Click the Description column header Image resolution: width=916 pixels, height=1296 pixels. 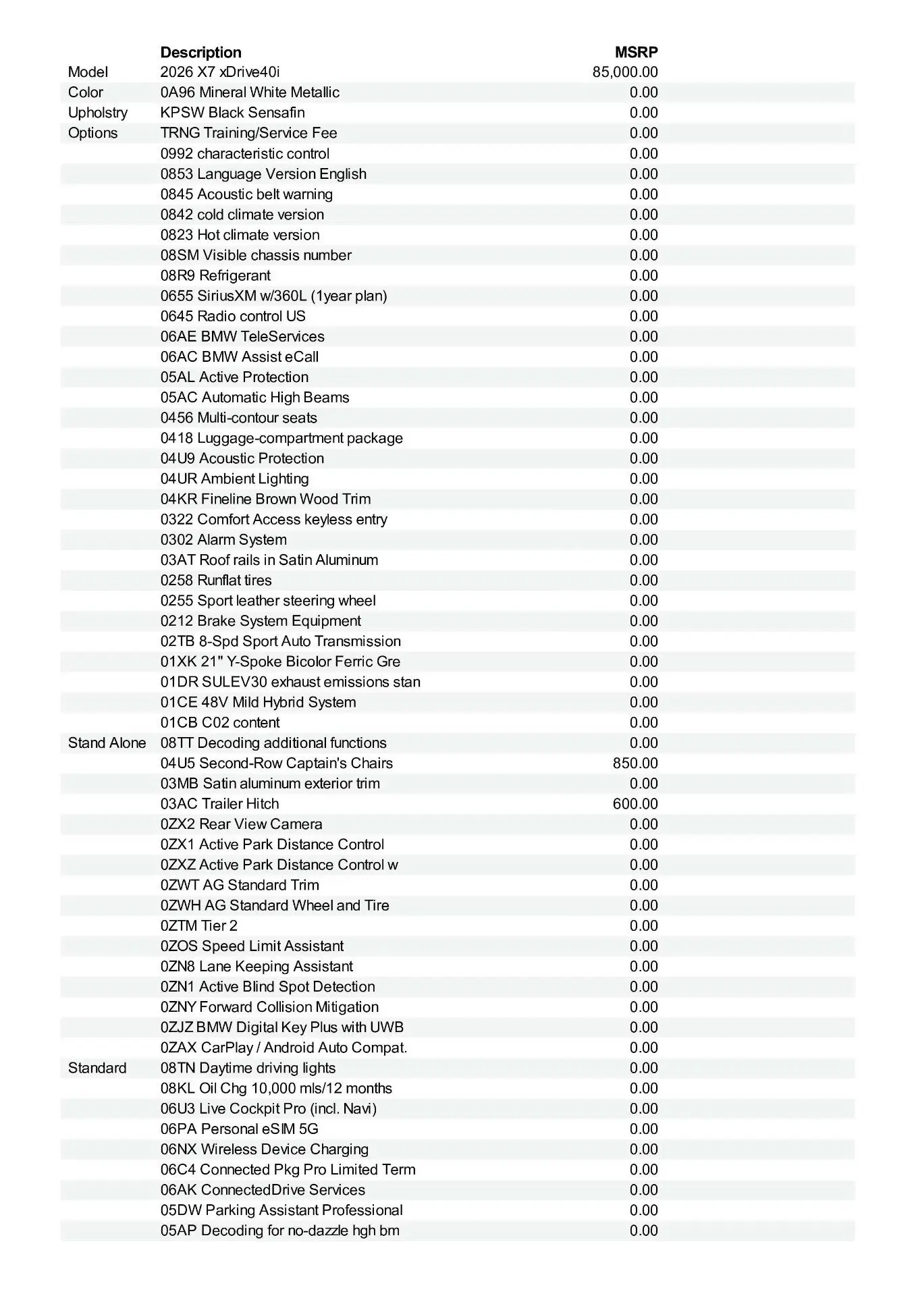200,53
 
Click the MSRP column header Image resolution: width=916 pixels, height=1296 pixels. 636,53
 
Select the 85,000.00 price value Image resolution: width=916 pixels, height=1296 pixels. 624,72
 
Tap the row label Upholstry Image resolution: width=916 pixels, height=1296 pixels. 97,113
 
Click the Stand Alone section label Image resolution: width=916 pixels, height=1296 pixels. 107,743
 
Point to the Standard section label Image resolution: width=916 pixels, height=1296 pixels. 97,1068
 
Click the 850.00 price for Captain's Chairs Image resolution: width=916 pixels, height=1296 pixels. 635,763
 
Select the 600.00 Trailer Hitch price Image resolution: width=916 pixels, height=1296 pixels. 635,804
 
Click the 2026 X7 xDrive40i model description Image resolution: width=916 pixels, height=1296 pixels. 220,72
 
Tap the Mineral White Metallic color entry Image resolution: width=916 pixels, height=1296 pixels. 250,92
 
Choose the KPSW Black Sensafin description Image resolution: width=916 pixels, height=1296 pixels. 232,113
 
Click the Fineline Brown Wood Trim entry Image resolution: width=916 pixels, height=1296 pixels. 265,500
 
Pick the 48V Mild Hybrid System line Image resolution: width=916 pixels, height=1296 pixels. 258,703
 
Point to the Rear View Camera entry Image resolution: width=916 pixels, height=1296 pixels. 241,824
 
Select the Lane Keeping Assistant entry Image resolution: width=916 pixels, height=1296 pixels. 257,967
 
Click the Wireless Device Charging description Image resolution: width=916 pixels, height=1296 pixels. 264,1150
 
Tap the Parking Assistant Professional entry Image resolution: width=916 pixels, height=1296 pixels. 281,1210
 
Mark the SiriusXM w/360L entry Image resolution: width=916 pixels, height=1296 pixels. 273,296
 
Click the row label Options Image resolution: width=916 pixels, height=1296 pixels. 92,133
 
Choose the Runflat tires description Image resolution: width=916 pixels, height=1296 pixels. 216,580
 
